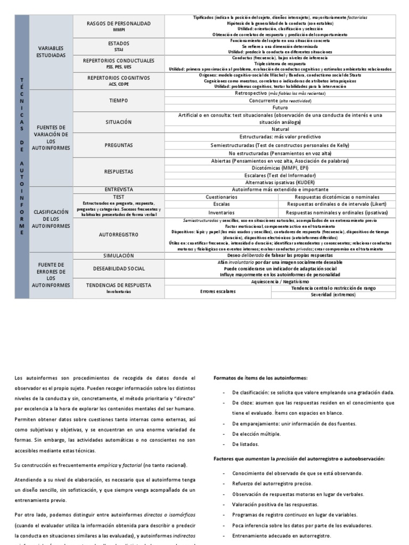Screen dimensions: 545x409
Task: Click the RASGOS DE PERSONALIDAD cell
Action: pos(118,26)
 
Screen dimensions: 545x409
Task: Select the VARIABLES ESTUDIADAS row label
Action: pos(51,52)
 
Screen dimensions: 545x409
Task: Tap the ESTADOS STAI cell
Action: pos(118,46)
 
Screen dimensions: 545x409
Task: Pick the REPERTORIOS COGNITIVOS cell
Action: pos(118,80)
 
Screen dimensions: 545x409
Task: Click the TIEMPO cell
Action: pos(118,100)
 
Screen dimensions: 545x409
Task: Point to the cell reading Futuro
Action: pos(280,108)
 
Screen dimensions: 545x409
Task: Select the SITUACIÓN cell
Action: pos(118,122)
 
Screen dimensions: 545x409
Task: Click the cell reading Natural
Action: pos(280,129)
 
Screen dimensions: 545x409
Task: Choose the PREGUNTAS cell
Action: pos(118,144)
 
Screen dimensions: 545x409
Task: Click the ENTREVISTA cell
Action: pos(118,189)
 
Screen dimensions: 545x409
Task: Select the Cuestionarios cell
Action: pos(222,196)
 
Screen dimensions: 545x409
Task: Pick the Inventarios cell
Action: pos(222,212)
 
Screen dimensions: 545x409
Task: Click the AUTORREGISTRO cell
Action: pos(118,234)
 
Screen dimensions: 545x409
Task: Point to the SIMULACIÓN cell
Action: pos(118,255)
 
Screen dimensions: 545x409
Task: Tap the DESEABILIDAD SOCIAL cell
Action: pos(118,269)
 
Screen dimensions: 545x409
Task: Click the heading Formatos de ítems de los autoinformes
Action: pos(260,378)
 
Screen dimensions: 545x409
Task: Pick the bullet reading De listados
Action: pos(246,444)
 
